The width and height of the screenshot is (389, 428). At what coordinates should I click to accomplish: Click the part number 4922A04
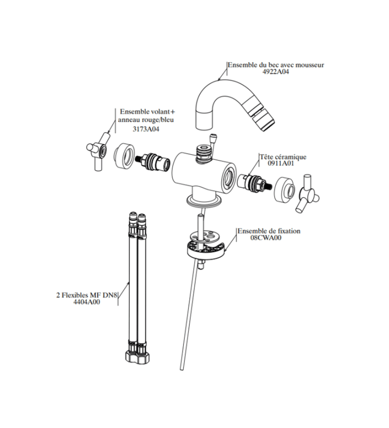tap(276, 72)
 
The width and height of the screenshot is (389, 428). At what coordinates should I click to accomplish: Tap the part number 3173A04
tap(146, 129)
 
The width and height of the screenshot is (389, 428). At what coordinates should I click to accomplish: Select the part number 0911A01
tap(281, 164)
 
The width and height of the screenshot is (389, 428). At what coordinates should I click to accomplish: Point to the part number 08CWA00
tap(266, 238)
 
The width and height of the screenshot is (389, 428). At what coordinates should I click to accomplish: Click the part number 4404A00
tap(87, 302)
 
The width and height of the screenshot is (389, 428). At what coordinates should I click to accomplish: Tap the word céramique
tap(289, 157)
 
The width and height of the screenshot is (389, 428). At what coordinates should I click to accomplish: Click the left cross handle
tap(98, 151)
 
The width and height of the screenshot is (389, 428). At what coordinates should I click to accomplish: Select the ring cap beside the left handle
tap(125, 155)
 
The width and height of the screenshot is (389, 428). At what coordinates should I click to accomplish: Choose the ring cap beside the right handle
tap(285, 190)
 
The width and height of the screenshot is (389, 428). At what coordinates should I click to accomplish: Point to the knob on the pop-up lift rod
tap(213, 137)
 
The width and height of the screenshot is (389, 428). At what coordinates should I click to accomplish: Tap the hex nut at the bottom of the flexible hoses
tap(138, 357)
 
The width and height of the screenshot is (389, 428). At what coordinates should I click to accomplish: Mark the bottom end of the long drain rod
tap(182, 369)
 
